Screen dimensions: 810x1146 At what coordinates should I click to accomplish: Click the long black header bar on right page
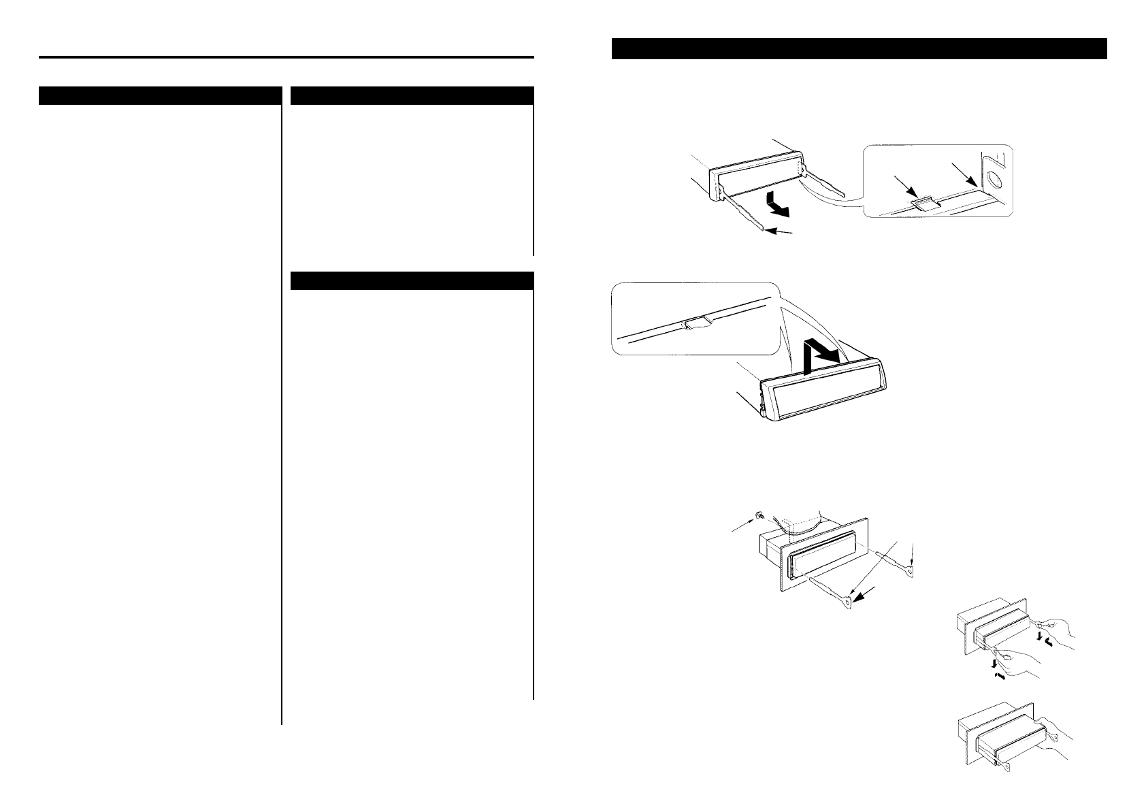[x=859, y=49]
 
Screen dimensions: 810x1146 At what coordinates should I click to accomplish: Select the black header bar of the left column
[x=160, y=95]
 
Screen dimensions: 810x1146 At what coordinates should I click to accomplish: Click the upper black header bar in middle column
[x=411, y=95]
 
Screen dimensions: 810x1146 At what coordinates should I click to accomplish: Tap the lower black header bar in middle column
[x=411, y=280]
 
